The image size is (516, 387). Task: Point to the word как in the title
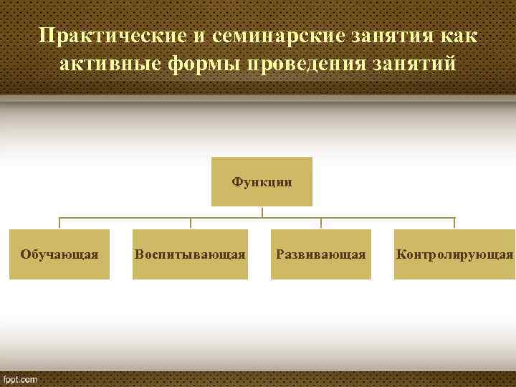(456, 35)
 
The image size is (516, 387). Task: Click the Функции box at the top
(262, 181)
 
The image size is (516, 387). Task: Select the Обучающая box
(59, 254)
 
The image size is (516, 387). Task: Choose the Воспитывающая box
(190, 254)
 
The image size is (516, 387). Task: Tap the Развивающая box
(321, 254)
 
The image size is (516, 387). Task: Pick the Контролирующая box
(454, 254)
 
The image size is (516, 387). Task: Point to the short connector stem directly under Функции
(262, 212)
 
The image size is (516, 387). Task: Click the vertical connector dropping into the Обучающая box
(59, 224)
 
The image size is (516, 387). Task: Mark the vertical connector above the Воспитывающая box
(190, 224)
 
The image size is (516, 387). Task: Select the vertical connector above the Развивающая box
(321, 224)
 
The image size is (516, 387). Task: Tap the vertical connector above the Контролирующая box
(454, 224)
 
